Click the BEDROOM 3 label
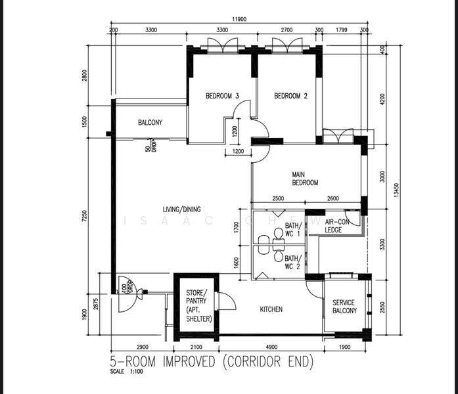221,96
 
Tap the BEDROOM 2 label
290,96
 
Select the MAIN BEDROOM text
306,179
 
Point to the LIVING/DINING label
182,209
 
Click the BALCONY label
150,123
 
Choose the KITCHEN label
271,309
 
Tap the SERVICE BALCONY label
344,307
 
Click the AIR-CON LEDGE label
336,226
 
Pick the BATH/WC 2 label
292,263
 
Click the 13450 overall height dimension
396,189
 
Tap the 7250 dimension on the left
84,217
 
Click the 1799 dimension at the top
341,30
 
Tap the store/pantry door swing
227,302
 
